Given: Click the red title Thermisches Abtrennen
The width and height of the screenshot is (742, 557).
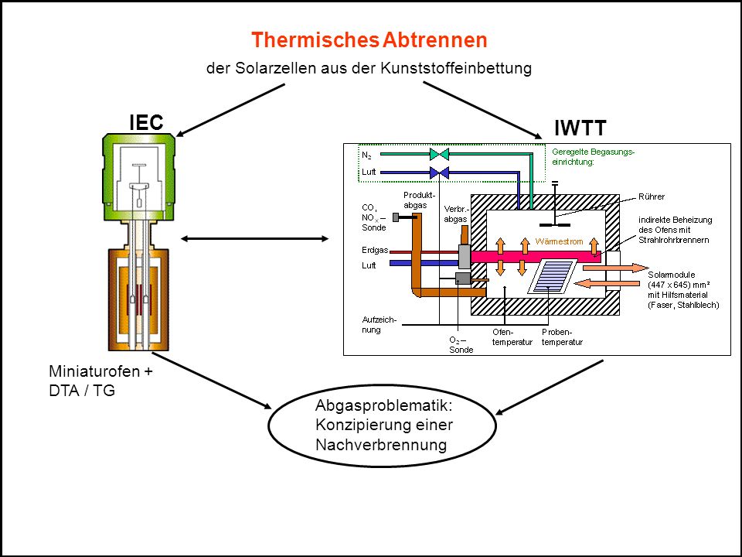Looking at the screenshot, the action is click(369, 39).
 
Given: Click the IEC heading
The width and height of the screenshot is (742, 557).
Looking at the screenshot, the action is click(146, 123).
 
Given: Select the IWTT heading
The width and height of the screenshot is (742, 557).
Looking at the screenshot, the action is click(580, 128).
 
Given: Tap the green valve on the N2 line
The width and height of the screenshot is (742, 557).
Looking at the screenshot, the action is click(439, 154).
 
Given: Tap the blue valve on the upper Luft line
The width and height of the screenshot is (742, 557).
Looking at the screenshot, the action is click(439, 173).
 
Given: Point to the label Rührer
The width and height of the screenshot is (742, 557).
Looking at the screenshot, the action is click(651, 196).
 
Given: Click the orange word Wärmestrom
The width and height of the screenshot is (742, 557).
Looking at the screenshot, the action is click(559, 241).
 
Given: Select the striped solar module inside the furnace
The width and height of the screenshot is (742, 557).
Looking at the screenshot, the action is click(552, 277).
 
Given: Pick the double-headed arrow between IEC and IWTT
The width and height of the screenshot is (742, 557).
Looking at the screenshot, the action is click(254, 239).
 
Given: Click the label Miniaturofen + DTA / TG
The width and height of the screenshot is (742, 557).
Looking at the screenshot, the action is click(100, 381).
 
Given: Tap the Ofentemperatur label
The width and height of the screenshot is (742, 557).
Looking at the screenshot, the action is click(512, 337).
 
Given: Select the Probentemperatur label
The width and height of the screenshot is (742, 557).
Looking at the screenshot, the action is click(562, 337).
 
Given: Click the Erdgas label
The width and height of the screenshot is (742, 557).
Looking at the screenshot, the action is click(375, 250).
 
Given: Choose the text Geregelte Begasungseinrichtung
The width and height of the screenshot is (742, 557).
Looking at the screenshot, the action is click(593, 157).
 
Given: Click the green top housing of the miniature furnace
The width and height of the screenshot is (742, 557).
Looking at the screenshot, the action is click(138, 177).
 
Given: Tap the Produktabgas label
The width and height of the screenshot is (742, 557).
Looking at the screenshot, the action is click(419, 200).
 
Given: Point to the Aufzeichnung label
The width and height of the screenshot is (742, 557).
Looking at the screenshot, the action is click(379, 325).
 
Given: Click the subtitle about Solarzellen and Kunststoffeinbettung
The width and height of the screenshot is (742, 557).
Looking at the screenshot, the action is click(369, 68).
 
